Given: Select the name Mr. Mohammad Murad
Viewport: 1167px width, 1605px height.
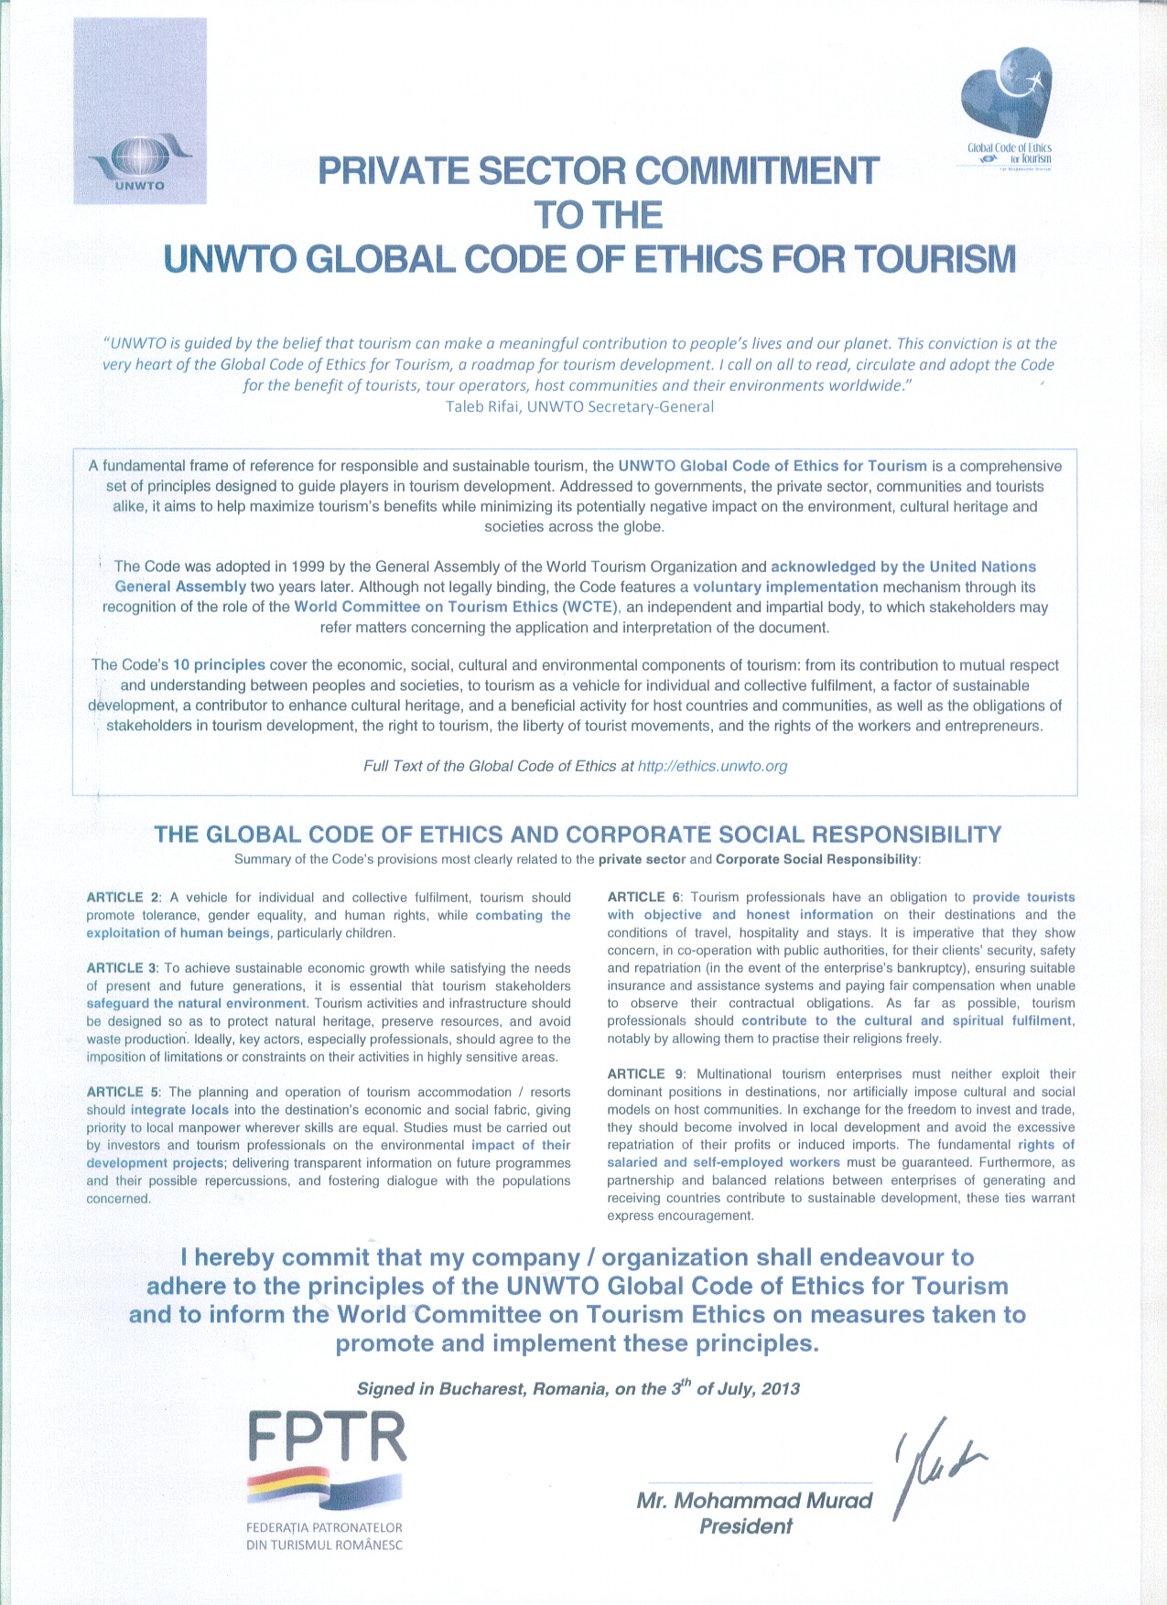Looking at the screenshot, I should [x=754, y=1501].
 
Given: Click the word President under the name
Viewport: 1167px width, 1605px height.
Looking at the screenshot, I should [x=745, y=1526].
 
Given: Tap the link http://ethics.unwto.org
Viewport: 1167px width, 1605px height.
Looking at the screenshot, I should [x=712, y=766].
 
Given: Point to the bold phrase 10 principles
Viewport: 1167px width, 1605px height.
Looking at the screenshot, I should [x=219, y=665].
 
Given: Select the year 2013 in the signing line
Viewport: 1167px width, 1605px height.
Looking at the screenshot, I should [x=779, y=1389].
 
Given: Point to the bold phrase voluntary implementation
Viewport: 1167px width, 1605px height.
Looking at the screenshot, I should [x=785, y=587].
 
